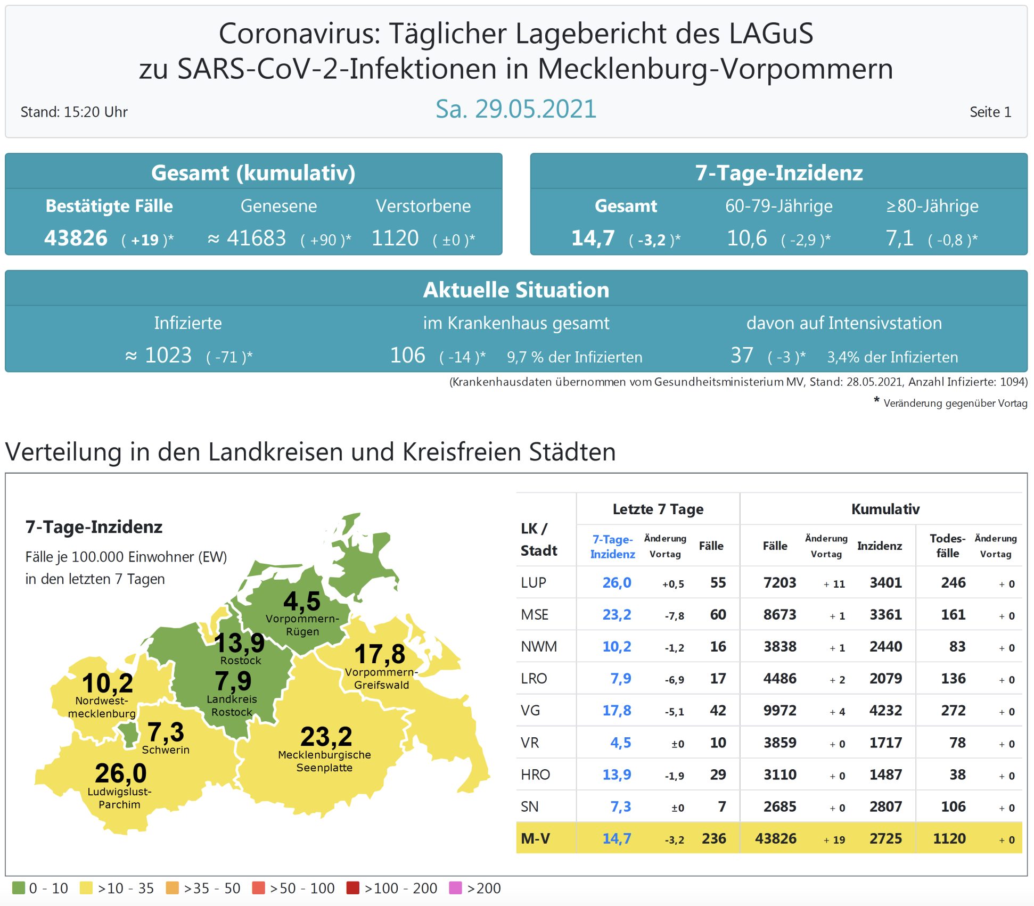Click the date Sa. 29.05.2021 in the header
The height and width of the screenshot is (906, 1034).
(x=515, y=109)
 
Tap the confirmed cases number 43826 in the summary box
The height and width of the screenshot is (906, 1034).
(x=76, y=238)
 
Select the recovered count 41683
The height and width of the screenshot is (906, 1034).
(x=256, y=238)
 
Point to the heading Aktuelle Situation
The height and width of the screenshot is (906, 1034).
(x=515, y=290)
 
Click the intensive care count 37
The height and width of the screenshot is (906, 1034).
(x=742, y=355)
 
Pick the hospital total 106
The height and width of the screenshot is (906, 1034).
(x=407, y=355)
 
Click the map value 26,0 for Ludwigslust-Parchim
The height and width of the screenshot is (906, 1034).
(x=121, y=773)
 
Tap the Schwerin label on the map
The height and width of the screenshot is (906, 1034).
(x=166, y=749)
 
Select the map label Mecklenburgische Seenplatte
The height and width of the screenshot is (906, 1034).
(x=324, y=761)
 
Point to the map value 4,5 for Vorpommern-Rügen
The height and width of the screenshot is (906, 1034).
(x=302, y=601)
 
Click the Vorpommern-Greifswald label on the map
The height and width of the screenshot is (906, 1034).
(x=381, y=679)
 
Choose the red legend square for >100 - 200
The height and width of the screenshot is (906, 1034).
(x=352, y=888)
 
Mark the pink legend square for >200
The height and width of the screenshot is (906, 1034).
(x=455, y=888)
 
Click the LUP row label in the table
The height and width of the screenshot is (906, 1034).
(x=534, y=582)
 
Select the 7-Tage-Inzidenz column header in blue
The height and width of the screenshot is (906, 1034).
(x=612, y=546)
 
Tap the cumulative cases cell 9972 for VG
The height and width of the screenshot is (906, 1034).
(x=779, y=710)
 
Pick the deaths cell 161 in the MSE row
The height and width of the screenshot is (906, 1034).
(x=953, y=614)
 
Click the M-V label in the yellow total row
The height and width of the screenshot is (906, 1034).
(x=535, y=838)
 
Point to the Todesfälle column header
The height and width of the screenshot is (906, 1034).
(x=947, y=546)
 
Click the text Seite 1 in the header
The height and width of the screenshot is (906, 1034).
(x=990, y=112)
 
